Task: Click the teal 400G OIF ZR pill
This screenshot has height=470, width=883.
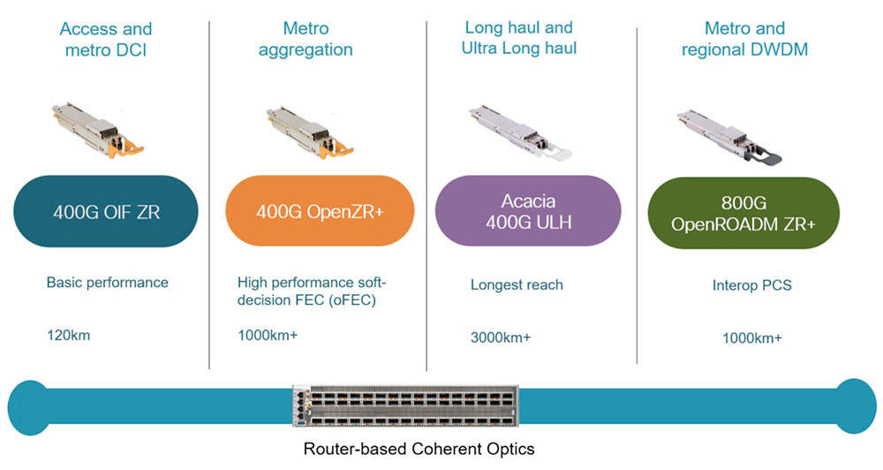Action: pos(106,211)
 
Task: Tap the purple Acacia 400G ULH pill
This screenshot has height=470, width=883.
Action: pos(528,211)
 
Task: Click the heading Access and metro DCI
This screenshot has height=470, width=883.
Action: pos(106,40)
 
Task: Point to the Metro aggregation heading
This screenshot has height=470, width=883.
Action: pos(305,40)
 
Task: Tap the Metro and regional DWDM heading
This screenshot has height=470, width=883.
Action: pos(744,40)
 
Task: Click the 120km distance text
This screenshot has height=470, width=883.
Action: pos(68,335)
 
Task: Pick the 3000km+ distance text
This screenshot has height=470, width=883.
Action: pos(501,337)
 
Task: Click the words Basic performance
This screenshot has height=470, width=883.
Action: pos(107,283)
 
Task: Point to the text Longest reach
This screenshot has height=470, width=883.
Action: pos(517,284)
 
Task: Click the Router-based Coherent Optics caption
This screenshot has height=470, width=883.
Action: pos(419,449)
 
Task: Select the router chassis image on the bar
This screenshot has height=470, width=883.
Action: pos(405,406)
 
